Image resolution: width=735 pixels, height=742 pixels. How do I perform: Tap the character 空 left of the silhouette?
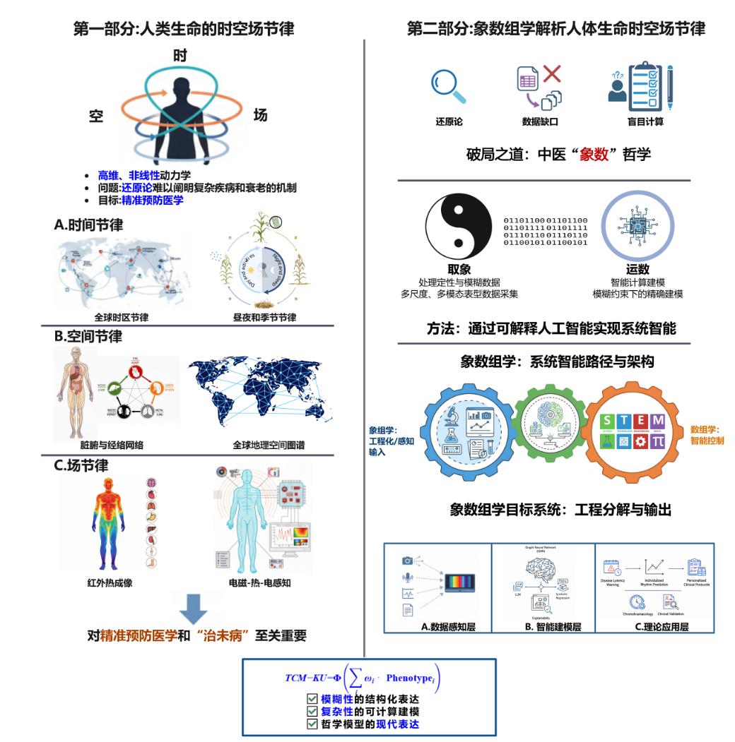point(95,116)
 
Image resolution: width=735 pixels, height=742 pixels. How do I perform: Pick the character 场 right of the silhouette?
point(260,115)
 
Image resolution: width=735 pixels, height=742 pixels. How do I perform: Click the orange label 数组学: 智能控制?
point(710,434)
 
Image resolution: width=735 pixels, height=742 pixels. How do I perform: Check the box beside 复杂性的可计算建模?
point(312,711)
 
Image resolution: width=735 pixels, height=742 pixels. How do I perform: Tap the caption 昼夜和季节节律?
point(265,317)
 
